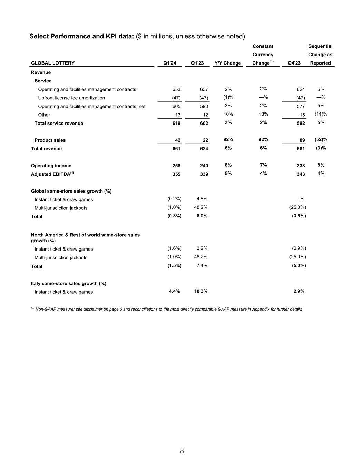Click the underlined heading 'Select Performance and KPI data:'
(82, 36)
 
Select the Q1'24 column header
(169, 63)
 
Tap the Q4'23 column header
(294, 63)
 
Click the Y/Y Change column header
(228, 63)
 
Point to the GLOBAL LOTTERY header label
(53, 63)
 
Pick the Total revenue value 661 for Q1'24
(176, 149)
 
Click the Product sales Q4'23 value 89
(302, 140)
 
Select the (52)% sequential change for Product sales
(321, 140)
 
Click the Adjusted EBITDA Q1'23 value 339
(204, 174)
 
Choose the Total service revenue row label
(59, 123)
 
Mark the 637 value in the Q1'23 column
(204, 89)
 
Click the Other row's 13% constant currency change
(263, 114)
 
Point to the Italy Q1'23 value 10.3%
(201, 291)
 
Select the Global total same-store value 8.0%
(202, 216)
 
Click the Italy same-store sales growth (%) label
(69, 283)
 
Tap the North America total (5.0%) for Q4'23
(299, 266)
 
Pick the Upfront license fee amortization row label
(71, 98)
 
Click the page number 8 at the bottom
(182, 451)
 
